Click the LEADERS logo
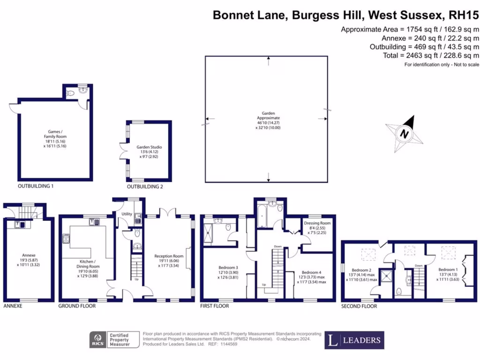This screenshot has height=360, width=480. tap(354, 340)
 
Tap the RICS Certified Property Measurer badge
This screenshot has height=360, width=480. tap(114, 340)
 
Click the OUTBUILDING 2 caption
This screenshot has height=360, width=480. tap(145, 187)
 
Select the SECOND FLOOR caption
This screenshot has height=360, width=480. tap(359, 306)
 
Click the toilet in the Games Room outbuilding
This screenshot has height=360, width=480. tap(70, 94)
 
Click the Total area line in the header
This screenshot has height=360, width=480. tap(431, 55)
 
